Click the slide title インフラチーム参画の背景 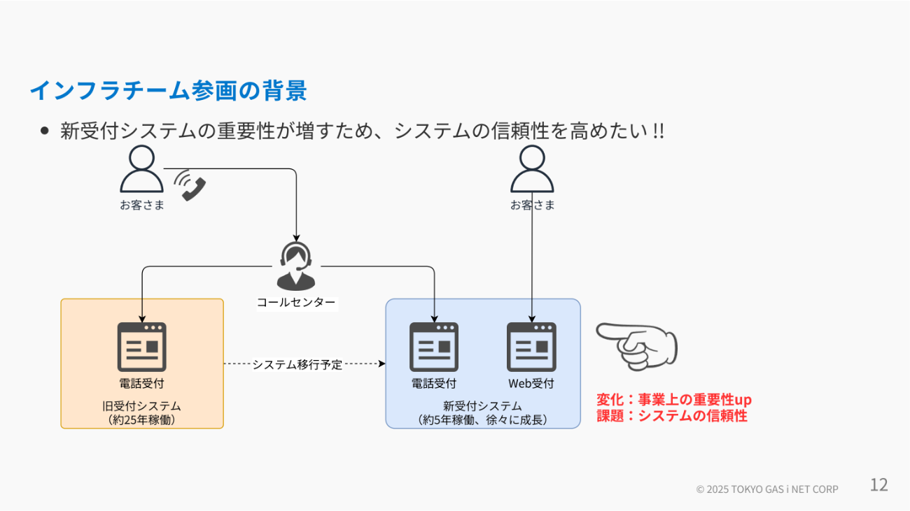169,90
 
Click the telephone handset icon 190,185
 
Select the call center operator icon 296,266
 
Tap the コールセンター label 296,303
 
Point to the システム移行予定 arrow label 297,364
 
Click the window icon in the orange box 141,347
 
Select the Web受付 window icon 531,347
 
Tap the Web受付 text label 531,383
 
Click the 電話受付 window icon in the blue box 434,347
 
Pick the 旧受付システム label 141,406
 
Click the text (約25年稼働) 141,420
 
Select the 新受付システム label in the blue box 482,406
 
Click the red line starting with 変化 674,400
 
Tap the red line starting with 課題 672,416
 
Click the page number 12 878,485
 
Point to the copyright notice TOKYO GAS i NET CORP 767,489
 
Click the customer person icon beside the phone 142,169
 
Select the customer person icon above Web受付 532,169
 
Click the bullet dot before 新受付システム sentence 45,131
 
